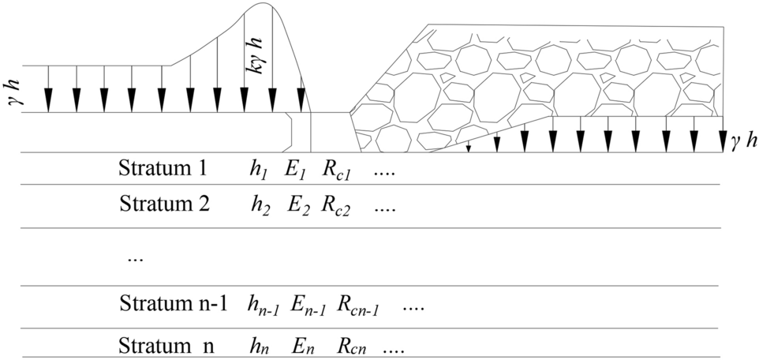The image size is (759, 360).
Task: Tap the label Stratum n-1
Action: (173, 304)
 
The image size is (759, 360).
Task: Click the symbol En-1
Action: (308, 306)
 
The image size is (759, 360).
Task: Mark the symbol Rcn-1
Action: (360, 306)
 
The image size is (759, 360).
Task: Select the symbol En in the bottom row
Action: (299, 347)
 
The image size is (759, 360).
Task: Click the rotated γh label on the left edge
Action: (13, 89)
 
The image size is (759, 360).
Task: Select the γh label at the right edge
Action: (744, 141)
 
